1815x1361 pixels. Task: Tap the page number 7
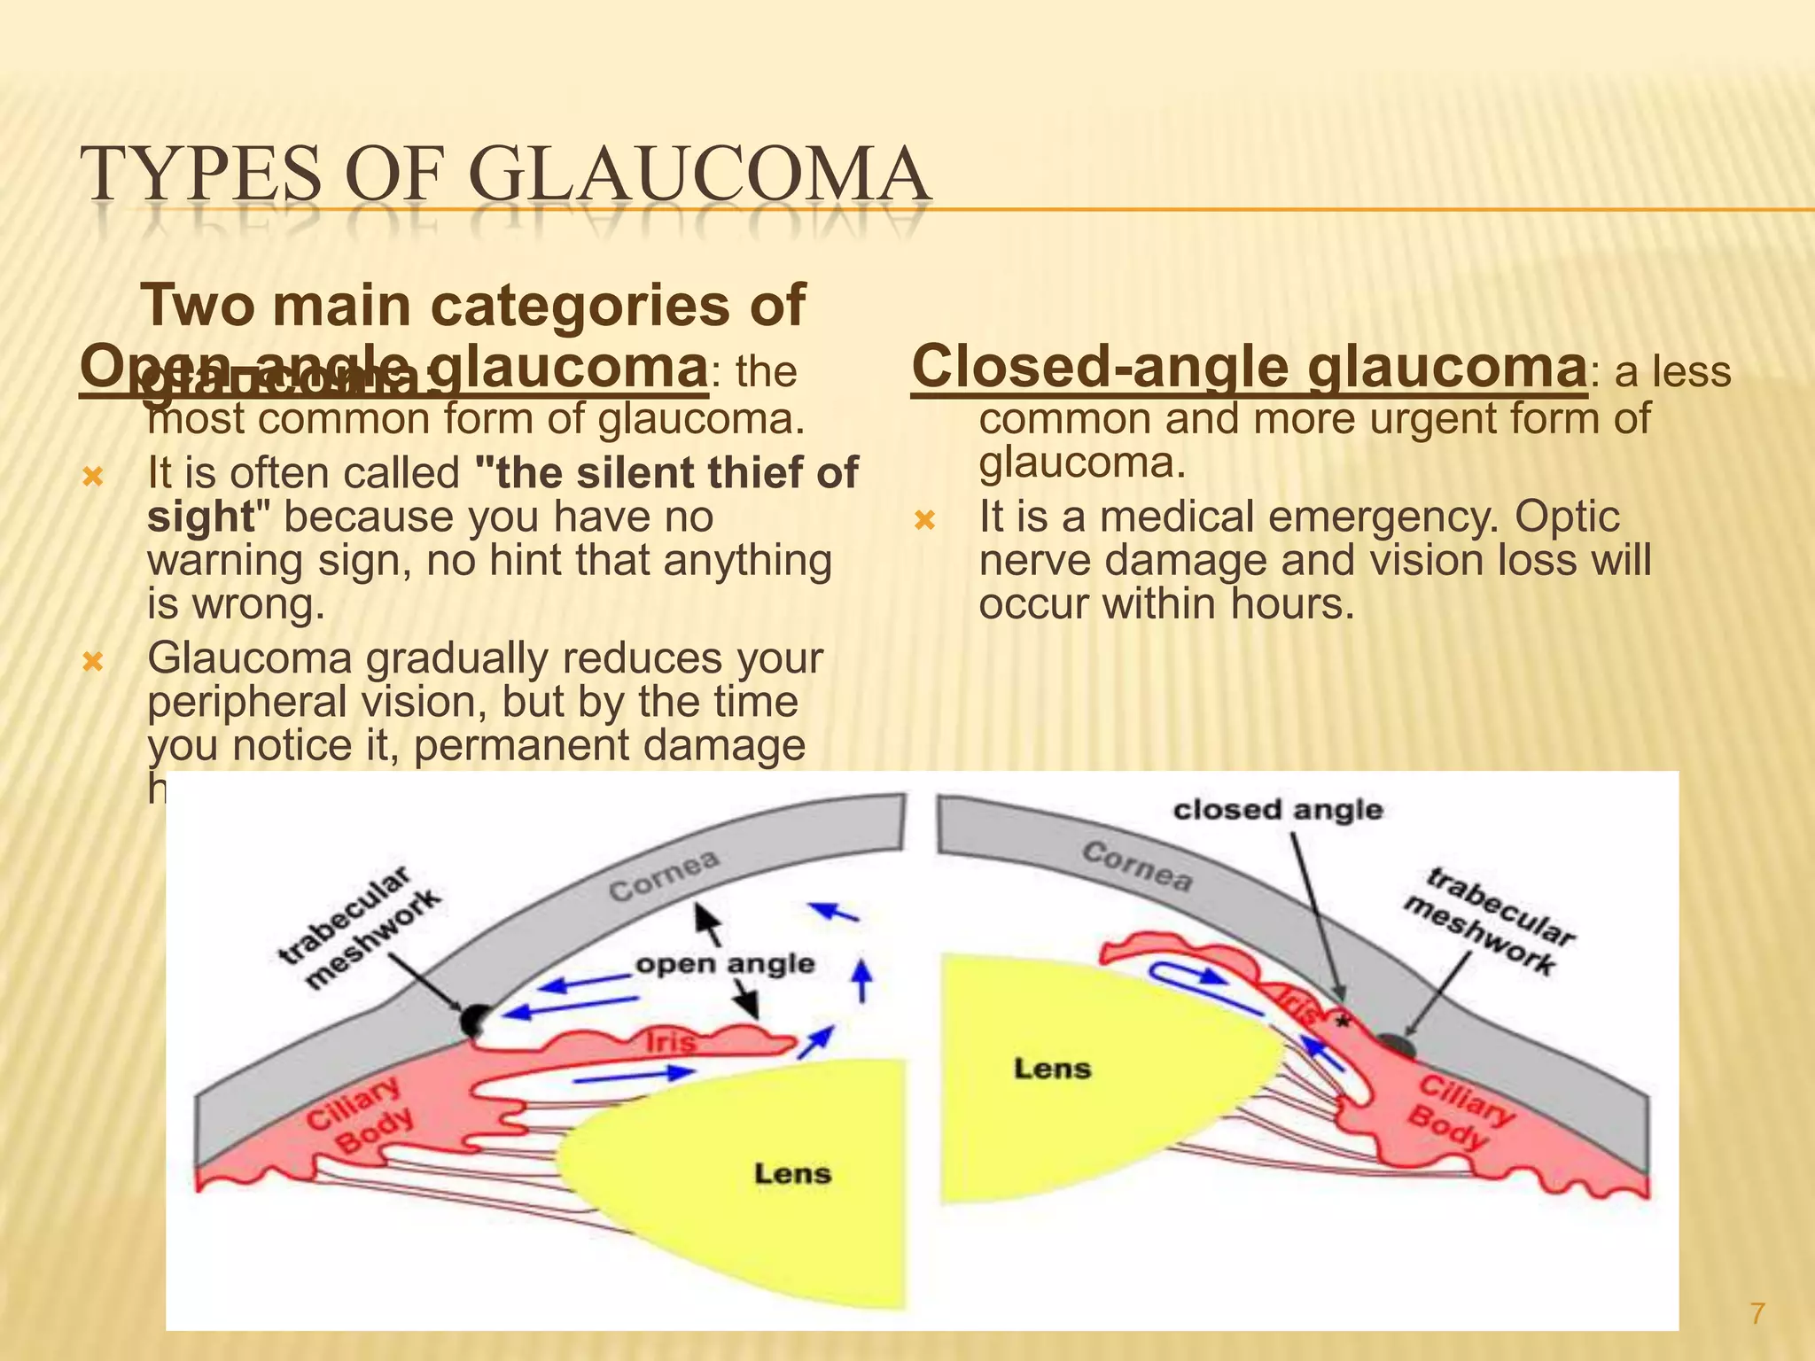(1757, 1313)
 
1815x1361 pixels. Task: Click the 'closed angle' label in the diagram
(1277, 810)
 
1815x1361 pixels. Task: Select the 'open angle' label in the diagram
(725, 964)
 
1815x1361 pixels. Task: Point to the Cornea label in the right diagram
(1137, 866)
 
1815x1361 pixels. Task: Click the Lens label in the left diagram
(792, 1174)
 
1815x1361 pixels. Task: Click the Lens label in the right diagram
(1052, 1069)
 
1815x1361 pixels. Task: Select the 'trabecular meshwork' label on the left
(359, 927)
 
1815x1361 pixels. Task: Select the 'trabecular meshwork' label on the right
(1489, 922)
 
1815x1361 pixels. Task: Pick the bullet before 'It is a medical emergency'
(924, 520)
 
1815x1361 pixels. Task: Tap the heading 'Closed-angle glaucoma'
(1248, 367)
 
